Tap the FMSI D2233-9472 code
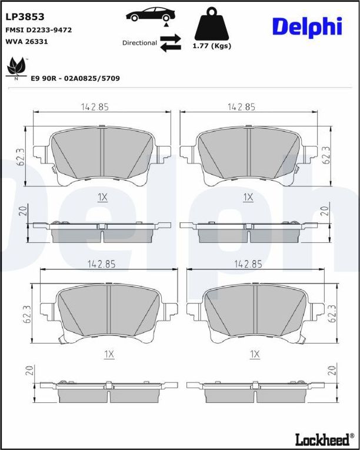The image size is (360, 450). tap(38, 29)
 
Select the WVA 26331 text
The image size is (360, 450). tap(26, 42)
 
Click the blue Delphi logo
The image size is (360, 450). tap(306, 26)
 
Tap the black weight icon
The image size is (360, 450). tap(212, 24)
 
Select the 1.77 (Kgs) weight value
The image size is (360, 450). tap(212, 46)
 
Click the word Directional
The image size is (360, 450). tap(139, 43)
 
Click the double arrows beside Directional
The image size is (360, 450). tap(170, 43)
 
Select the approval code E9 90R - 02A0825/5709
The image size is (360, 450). tap(75, 78)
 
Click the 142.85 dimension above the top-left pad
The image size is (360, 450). tap(95, 107)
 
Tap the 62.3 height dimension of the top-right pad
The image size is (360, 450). tap(327, 156)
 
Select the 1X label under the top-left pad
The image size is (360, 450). tap(102, 198)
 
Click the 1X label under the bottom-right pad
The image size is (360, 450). tap(255, 354)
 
